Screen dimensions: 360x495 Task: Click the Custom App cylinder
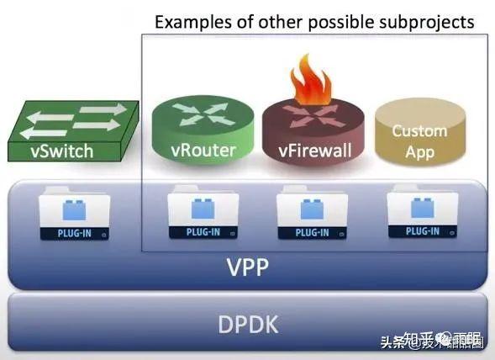[419, 138]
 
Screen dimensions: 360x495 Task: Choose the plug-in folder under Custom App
[422, 215]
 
